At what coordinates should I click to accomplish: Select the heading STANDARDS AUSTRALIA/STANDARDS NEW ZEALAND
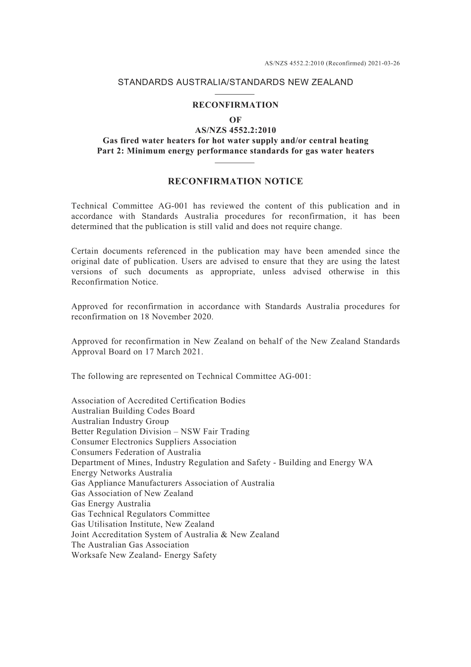(x=235, y=82)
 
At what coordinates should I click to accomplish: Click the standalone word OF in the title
(x=235, y=120)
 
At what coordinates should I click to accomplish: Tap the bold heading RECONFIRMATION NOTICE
(x=235, y=182)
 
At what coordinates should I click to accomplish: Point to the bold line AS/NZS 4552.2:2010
(x=235, y=130)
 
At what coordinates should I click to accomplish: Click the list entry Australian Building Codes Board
(x=133, y=411)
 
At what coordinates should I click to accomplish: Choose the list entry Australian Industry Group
(x=120, y=422)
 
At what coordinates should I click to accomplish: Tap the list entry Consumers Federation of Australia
(x=136, y=452)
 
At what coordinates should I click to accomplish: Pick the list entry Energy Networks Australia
(x=121, y=473)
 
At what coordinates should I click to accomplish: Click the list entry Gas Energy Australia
(x=111, y=504)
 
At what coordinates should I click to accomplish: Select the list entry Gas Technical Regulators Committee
(x=140, y=514)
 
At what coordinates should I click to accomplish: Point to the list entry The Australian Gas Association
(x=130, y=545)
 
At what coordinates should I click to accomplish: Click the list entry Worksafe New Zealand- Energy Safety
(x=144, y=555)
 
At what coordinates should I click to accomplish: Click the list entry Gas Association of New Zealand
(x=132, y=493)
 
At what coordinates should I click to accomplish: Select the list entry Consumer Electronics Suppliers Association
(x=154, y=442)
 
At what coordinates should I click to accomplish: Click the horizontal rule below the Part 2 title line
(x=235, y=162)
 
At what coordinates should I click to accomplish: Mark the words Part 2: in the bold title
(x=111, y=151)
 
